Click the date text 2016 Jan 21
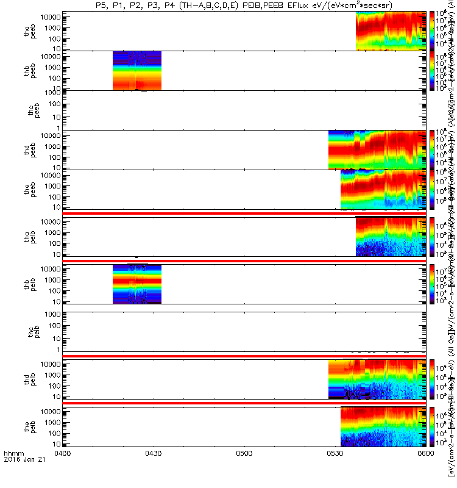[x=20, y=476]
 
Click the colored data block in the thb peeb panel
[x=137, y=71]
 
